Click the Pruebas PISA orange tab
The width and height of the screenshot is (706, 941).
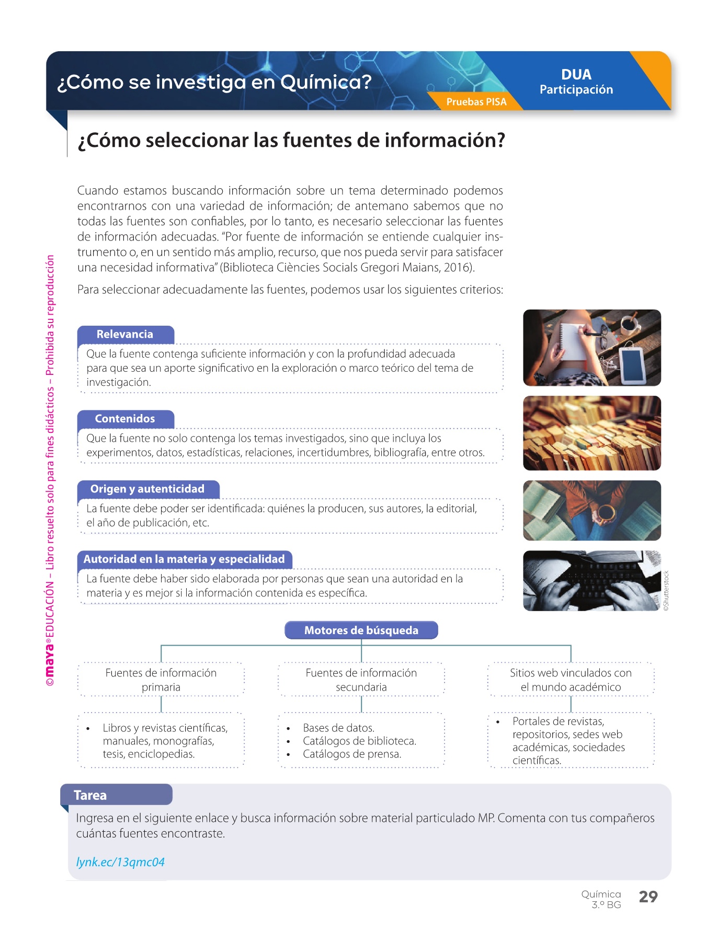(476, 101)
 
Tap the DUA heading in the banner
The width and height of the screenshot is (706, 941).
(576, 75)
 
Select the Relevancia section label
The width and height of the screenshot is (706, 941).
(125, 335)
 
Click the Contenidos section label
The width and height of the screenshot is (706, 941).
(125, 419)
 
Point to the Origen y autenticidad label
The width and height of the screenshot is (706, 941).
(147, 489)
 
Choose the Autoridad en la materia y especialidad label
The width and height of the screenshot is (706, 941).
(184, 559)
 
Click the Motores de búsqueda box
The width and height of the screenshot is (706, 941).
(361, 630)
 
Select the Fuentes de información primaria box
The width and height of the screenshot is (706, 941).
(161, 680)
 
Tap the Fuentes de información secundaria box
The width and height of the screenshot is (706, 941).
(361, 680)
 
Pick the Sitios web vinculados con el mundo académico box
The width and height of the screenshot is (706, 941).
(571, 680)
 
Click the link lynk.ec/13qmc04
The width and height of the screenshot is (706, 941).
(120, 862)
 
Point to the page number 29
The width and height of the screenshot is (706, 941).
(648, 897)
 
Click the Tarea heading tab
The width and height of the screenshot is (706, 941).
(90, 795)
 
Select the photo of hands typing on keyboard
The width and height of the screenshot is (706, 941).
(591, 581)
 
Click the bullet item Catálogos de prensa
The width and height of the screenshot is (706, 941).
(352, 754)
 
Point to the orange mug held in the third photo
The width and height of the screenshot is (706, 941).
(606, 512)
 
